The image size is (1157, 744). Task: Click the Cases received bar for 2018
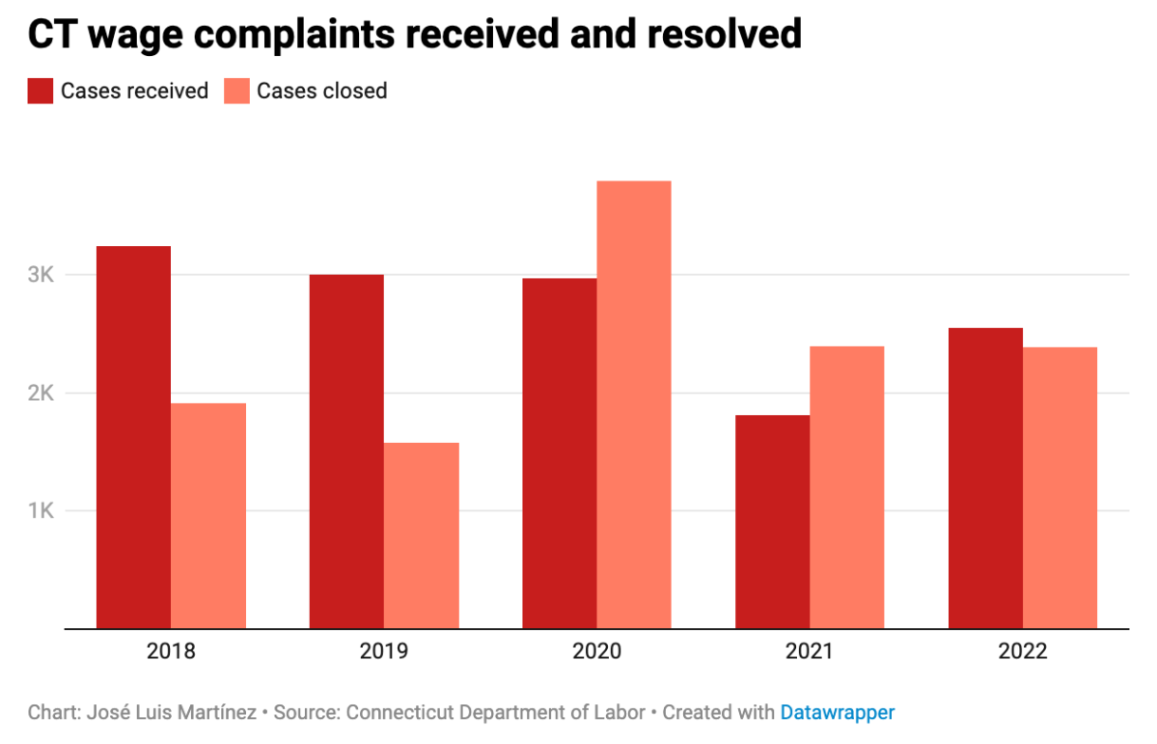tap(133, 437)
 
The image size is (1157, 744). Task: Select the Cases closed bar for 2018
tap(208, 516)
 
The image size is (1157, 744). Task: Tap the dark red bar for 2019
tap(346, 452)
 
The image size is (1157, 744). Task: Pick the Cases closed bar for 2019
tap(422, 536)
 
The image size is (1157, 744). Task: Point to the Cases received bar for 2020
tap(560, 454)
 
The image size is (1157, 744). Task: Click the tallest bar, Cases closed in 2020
tap(634, 405)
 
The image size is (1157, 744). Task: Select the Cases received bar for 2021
tap(772, 522)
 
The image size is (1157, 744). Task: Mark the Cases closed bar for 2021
tap(847, 487)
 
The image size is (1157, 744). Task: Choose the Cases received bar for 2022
tap(985, 479)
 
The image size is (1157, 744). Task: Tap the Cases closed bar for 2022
tap(1061, 488)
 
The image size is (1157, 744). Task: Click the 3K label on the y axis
tap(40, 275)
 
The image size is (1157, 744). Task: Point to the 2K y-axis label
tap(40, 393)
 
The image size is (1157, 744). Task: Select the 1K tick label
tap(40, 510)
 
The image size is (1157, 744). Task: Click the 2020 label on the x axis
tap(597, 651)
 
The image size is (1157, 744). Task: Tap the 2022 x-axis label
tap(1023, 651)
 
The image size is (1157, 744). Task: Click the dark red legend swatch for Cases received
tap(40, 91)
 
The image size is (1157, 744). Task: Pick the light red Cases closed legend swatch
tap(235, 91)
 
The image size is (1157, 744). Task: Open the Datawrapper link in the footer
tap(837, 713)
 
